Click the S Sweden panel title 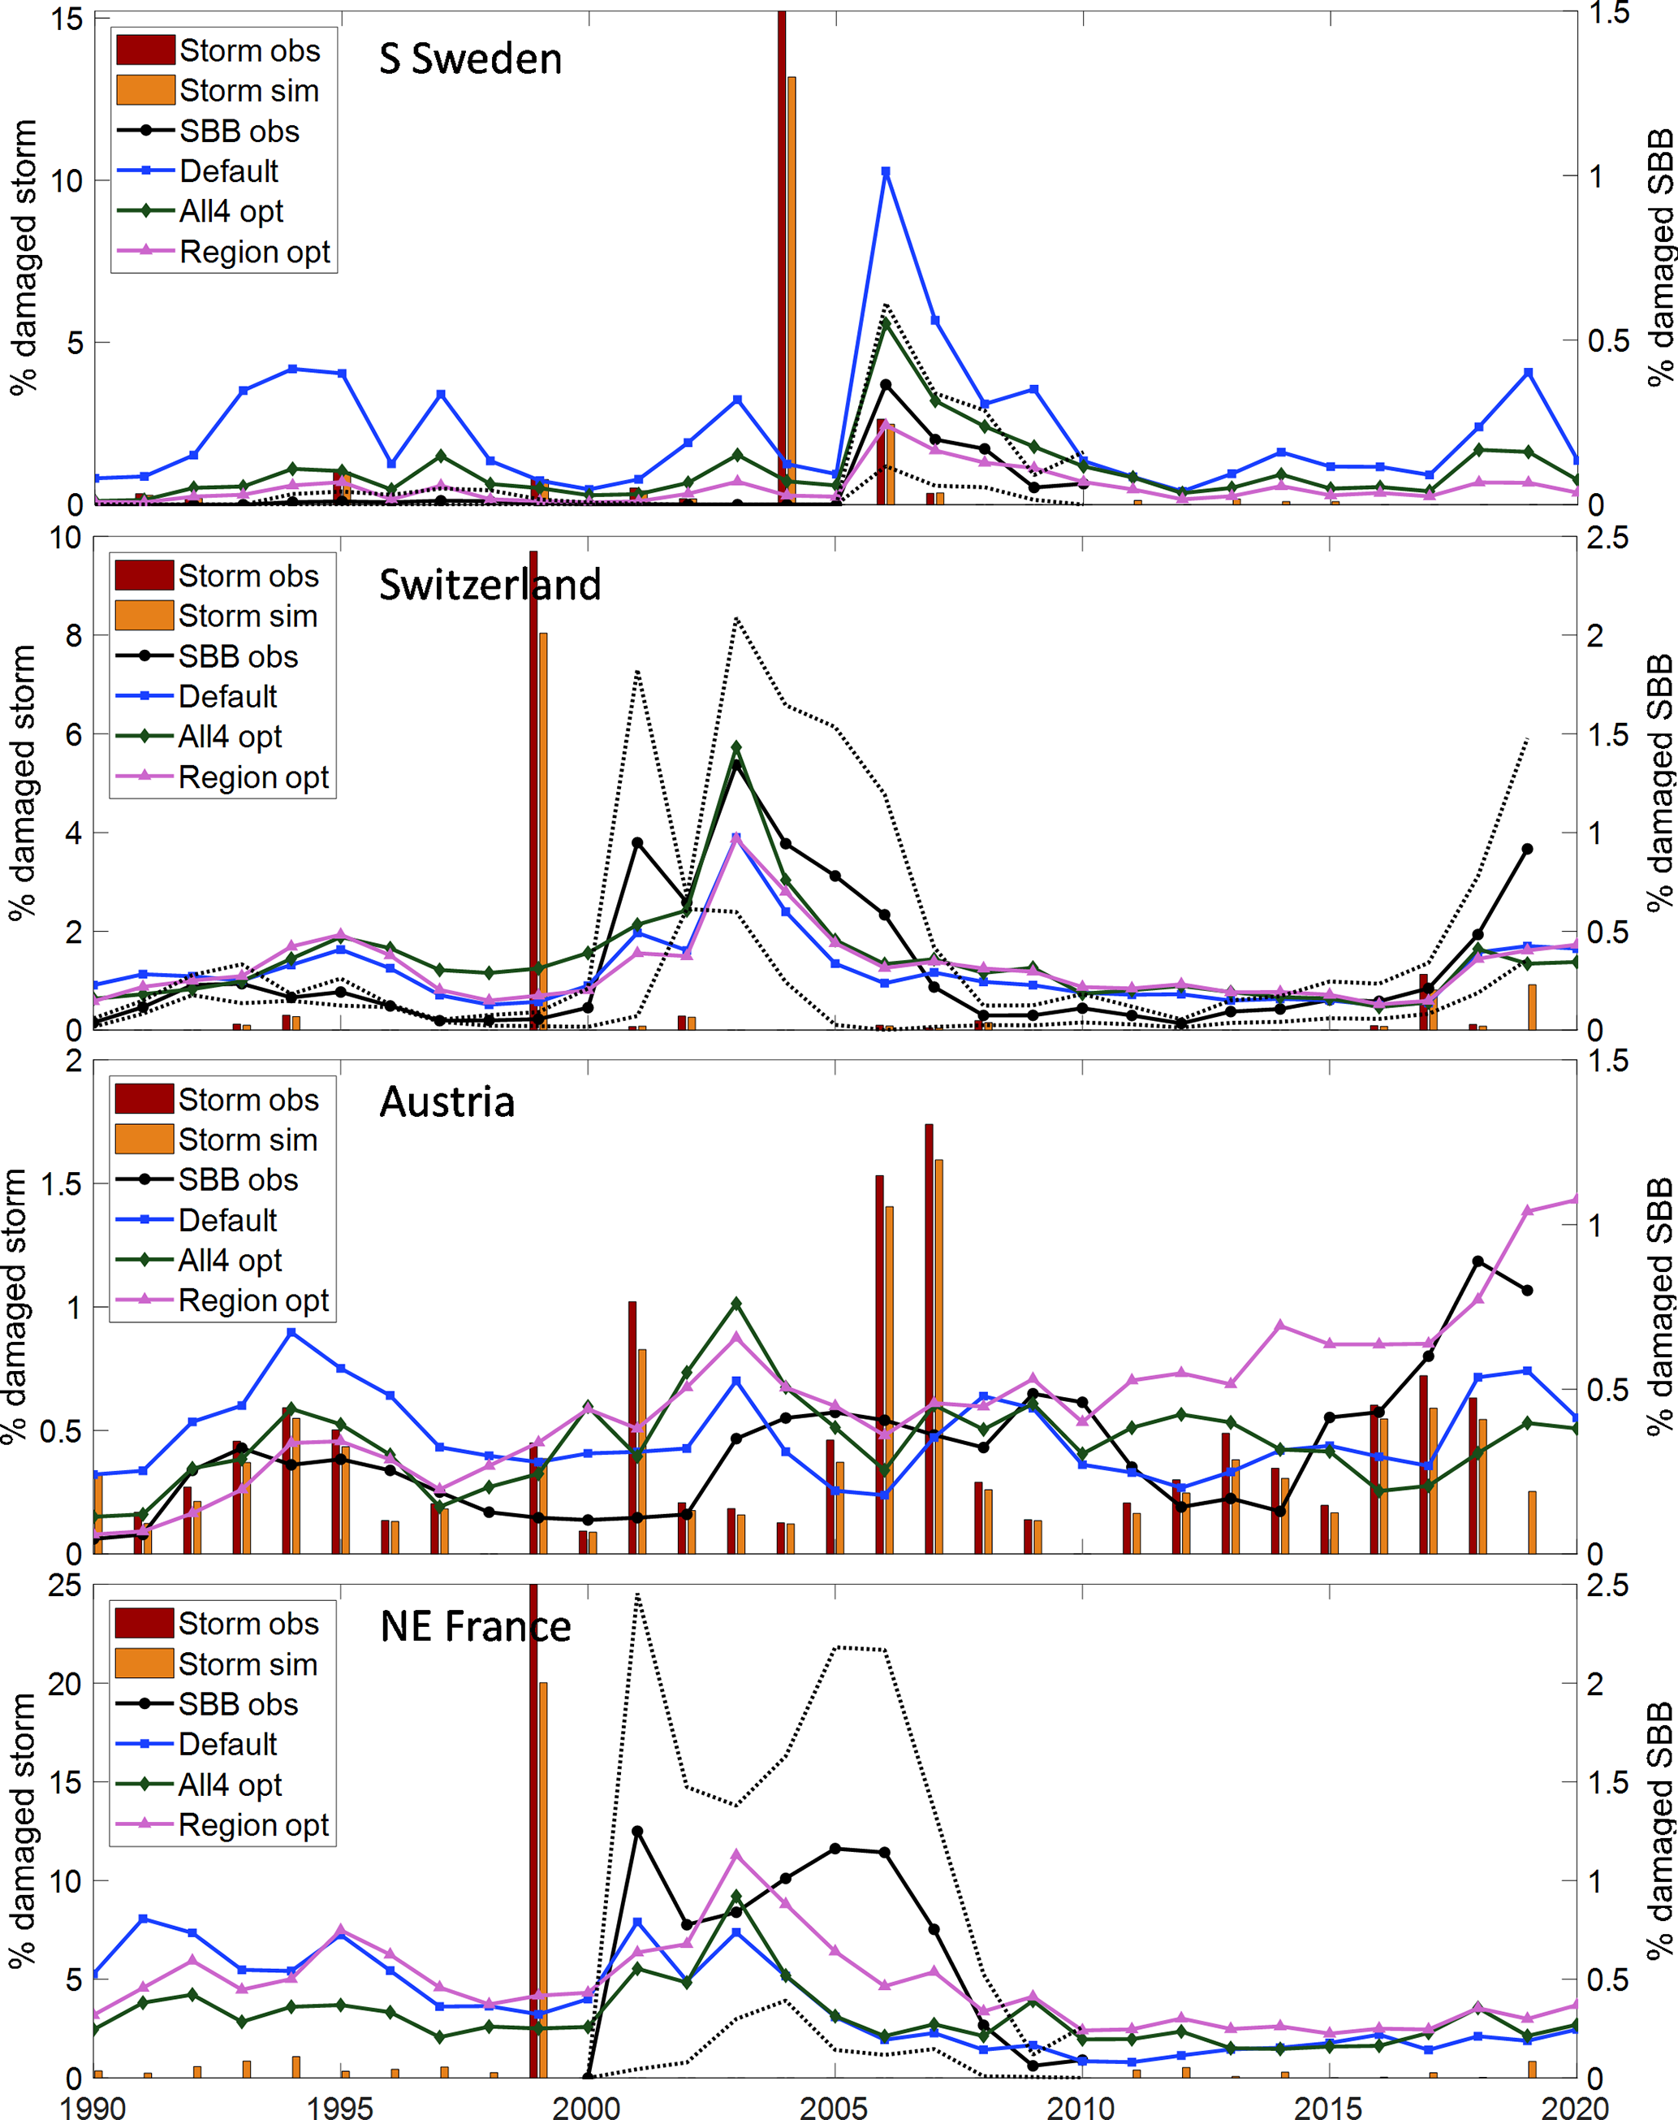pyautogui.click(x=471, y=60)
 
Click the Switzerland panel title pyautogui.click(x=490, y=585)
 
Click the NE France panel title pyautogui.click(x=476, y=1627)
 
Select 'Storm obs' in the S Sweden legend pyautogui.click(x=249, y=50)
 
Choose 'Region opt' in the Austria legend pyautogui.click(x=253, y=1300)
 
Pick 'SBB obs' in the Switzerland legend pyautogui.click(x=238, y=656)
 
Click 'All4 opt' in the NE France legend pyautogui.click(x=230, y=1785)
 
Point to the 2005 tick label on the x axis pyautogui.click(x=833, y=2107)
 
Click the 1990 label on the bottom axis pyautogui.click(x=93, y=2107)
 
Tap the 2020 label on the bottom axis pyautogui.click(x=1575, y=2107)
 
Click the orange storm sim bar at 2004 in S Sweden pyautogui.click(x=792, y=290)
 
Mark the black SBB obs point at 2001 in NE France pyautogui.click(x=636, y=1831)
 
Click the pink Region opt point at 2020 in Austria pyautogui.click(x=1576, y=1200)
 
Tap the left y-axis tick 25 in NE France pyautogui.click(x=65, y=1586)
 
